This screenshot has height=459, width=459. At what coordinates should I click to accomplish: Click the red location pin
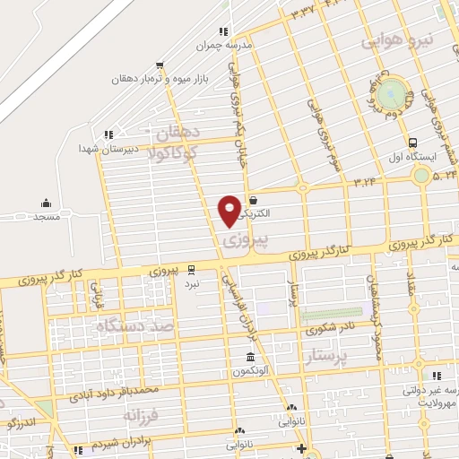(x=229, y=210)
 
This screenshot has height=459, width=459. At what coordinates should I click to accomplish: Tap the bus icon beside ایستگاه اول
(x=412, y=142)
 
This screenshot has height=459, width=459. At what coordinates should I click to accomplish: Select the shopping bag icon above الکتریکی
(x=255, y=201)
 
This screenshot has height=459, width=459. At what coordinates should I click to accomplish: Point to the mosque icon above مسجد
(x=46, y=204)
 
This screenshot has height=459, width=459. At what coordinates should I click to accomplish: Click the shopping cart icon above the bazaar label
(x=160, y=65)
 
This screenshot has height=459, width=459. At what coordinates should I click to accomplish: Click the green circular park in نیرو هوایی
(x=392, y=91)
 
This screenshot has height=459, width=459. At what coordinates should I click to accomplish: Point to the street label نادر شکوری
(x=325, y=329)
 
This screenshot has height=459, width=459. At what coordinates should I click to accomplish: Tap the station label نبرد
(x=191, y=282)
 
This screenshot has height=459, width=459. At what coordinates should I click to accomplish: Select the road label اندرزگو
(x=21, y=420)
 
